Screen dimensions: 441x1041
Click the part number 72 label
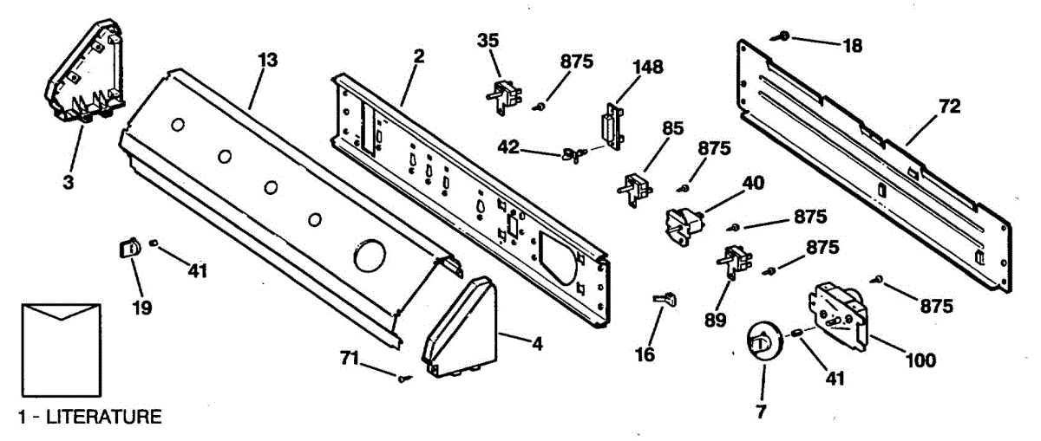(950, 107)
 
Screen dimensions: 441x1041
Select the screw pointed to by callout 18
(783, 36)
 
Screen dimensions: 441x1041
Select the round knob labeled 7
(762, 340)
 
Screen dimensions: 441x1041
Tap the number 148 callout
(645, 67)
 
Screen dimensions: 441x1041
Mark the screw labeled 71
(403, 377)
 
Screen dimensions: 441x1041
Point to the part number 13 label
(268, 60)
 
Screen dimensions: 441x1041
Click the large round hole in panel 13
(370, 256)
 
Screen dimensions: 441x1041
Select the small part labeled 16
(665, 299)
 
